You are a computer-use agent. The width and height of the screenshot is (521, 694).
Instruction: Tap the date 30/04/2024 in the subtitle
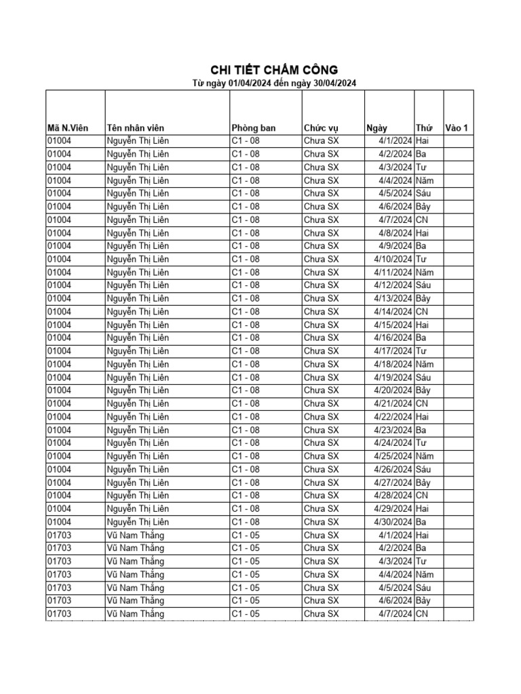[x=331, y=83]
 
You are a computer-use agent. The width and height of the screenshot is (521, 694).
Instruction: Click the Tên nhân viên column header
[x=135, y=127]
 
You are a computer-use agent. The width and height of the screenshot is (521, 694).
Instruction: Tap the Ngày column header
[x=377, y=127]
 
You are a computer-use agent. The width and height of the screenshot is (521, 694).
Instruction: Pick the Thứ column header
[x=424, y=127]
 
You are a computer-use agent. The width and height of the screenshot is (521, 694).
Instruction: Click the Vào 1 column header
[x=457, y=127]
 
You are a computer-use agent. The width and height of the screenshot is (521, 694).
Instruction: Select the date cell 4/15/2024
[x=393, y=325]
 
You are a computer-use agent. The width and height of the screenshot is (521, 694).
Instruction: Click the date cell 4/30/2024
[x=393, y=522]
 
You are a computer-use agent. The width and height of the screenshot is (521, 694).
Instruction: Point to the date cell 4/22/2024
[x=393, y=417]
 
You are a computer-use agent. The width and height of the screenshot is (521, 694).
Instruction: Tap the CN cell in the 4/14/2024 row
[x=422, y=312]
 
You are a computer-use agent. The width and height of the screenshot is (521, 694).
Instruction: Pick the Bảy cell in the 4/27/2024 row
[x=425, y=483]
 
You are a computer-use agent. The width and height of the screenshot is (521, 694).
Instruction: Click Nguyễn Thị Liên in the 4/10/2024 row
[x=138, y=259]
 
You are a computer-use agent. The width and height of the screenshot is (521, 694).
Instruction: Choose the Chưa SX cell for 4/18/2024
[x=321, y=364]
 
